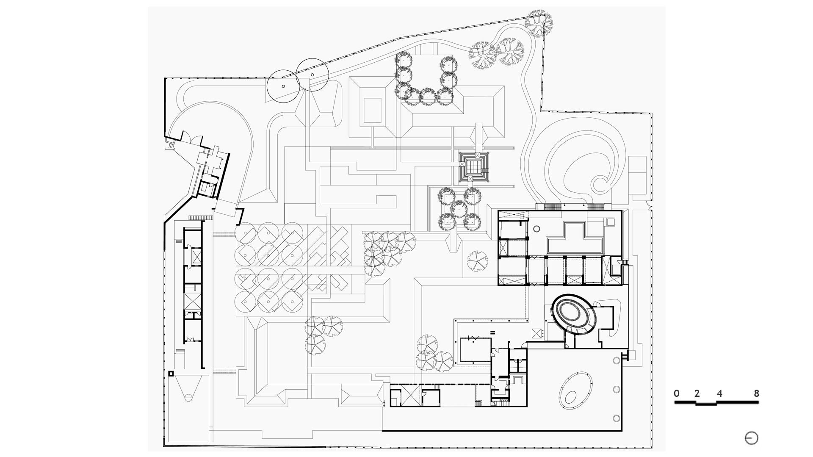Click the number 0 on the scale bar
pos(677,393)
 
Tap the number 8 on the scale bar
pos(756,393)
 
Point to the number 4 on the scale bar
pos(719,393)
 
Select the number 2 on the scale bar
pos(697,393)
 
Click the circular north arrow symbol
pos(752,438)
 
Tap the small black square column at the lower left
pos(171,374)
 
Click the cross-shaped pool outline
pos(575,239)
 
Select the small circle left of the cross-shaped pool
pos(536,229)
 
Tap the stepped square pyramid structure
pos(474,166)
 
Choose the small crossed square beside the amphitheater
pos(537,333)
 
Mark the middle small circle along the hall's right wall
pos(616,389)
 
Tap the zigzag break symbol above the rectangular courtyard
pos(473,338)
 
